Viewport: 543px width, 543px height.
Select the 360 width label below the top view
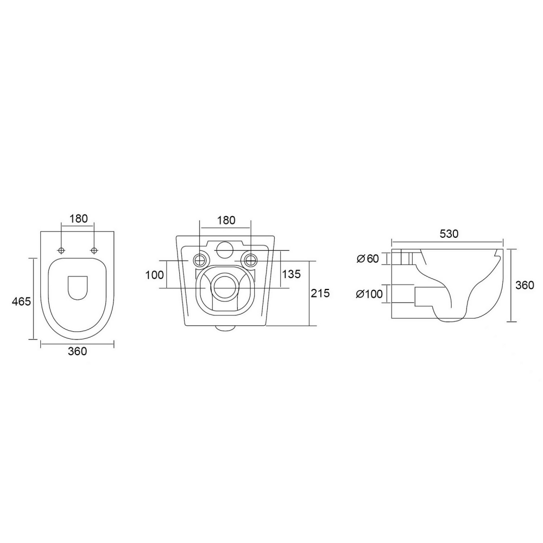tap(78, 351)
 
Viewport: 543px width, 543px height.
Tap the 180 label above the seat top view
tap(78, 219)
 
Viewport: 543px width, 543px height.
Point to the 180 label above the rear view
tap(226, 220)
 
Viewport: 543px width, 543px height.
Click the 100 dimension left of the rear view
tap(154, 275)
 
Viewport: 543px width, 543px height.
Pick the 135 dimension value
tap(292, 274)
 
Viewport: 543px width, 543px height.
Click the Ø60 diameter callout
tap(368, 258)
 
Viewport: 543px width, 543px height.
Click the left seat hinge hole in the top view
tap(62, 250)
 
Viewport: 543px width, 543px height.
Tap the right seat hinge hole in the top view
tap(94, 250)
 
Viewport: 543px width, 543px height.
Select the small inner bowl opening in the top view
tap(78, 287)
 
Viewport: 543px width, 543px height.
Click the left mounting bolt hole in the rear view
tap(201, 259)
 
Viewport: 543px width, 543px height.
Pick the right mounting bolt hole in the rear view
tap(251, 259)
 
